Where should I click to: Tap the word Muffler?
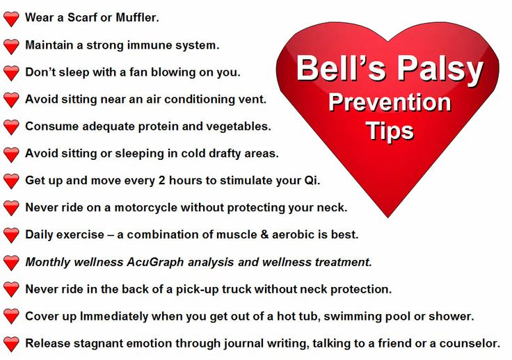(x=138, y=17)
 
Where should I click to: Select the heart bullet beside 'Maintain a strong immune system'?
(x=11, y=47)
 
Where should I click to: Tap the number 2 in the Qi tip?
(x=161, y=180)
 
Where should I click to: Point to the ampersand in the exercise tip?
(x=264, y=235)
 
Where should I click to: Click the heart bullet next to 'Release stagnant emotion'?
(x=11, y=344)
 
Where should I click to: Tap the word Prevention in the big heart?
(x=390, y=102)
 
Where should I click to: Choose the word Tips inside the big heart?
(x=390, y=131)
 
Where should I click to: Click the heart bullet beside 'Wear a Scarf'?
(x=11, y=19)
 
